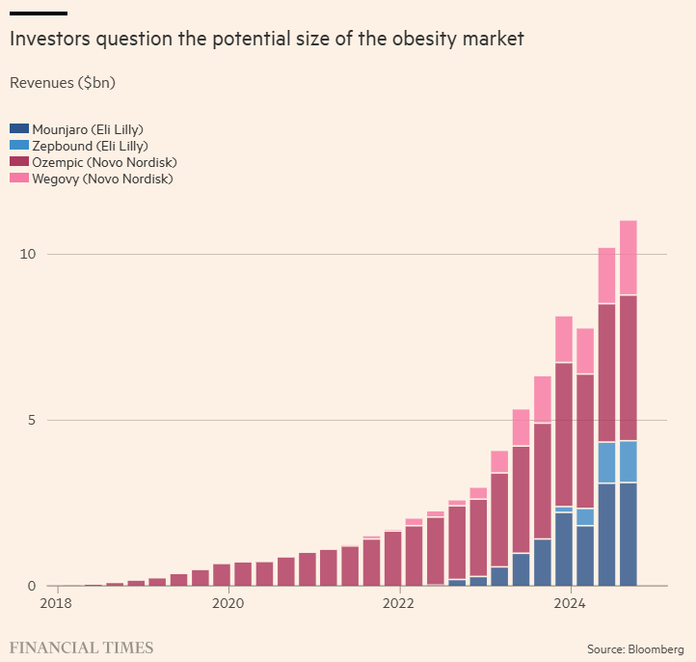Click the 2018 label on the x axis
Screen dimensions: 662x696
coord(56,604)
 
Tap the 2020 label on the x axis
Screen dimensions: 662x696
coord(228,604)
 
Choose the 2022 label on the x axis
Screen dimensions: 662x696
coord(398,604)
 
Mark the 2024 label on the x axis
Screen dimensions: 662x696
coord(570,604)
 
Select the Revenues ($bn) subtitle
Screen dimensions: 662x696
coord(62,83)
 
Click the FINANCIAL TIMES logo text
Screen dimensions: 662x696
coord(81,647)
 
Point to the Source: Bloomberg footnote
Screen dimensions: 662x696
coord(636,648)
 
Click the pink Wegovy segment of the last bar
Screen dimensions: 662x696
coord(628,258)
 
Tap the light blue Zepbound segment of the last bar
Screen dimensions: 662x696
coord(628,461)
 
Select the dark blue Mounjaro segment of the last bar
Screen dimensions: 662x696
coord(628,534)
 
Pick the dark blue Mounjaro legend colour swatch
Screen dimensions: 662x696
coord(18,128)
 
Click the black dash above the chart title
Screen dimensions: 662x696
coord(38,14)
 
